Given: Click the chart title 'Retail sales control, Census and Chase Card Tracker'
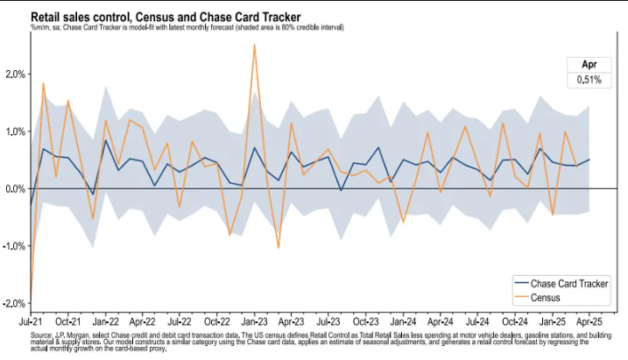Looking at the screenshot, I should (x=166, y=17).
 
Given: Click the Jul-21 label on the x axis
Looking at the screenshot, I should (x=31, y=323).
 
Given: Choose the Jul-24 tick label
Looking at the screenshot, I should (x=477, y=323).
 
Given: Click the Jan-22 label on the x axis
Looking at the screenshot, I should (x=105, y=323).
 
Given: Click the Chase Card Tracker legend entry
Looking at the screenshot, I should (x=569, y=284).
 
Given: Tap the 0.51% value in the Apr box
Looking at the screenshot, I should (x=588, y=80).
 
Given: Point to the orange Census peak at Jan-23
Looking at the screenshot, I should (x=254, y=45).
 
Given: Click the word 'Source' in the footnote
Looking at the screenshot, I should (x=41, y=335).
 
